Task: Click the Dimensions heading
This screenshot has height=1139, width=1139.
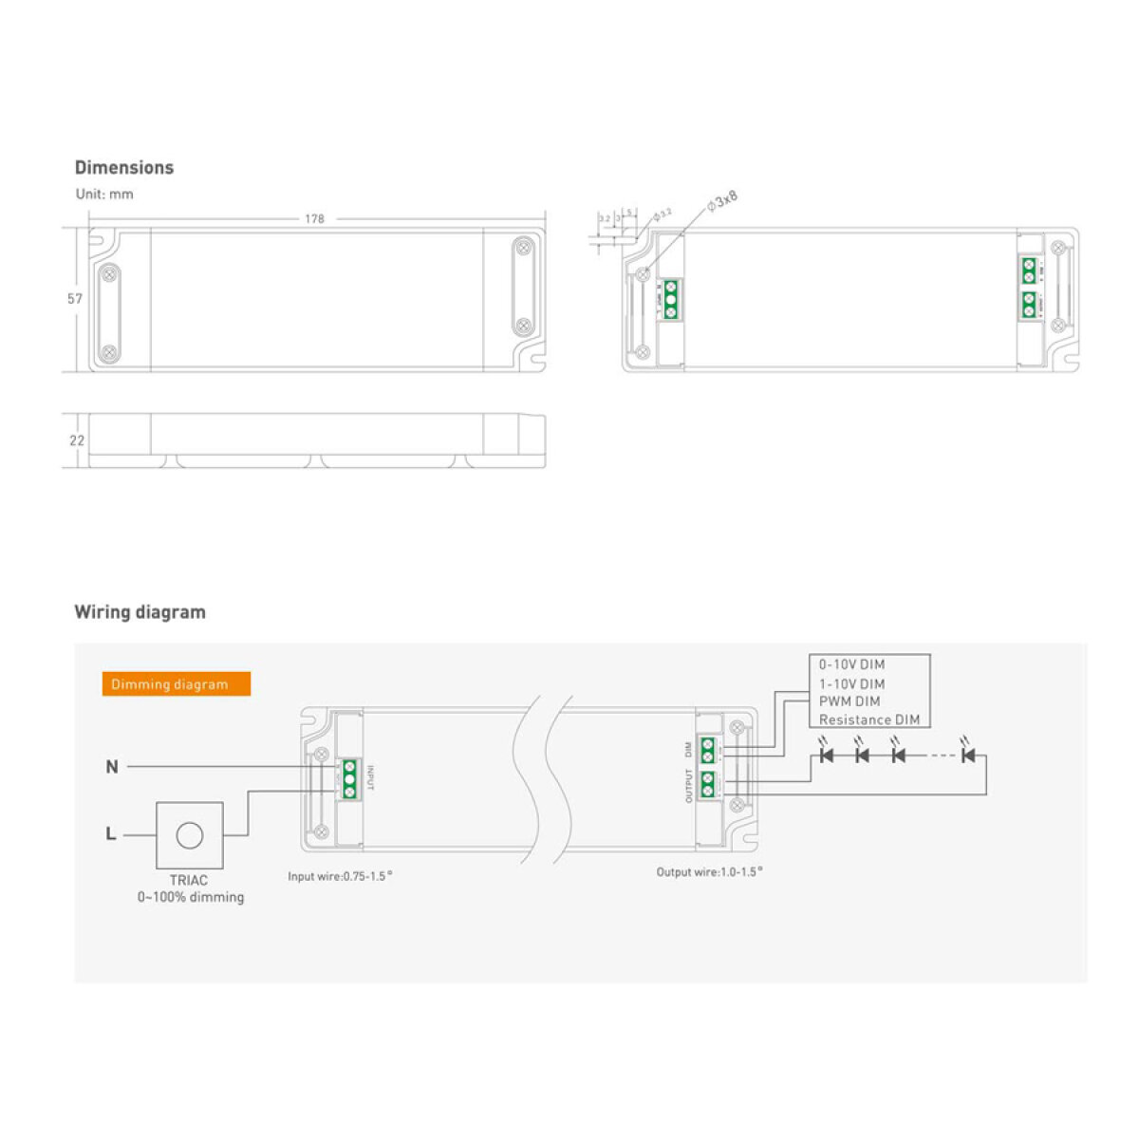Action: pyautogui.click(x=124, y=168)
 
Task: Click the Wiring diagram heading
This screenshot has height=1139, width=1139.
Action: pyautogui.click(x=140, y=612)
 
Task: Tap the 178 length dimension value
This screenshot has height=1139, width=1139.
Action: pyautogui.click(x=314, y=219)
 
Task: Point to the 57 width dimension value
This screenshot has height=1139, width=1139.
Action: pyautogui.click(x=75, y=299)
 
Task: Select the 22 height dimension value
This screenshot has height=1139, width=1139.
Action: pyautogui.click(x=77, y=440)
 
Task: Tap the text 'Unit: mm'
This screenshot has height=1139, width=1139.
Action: pyautogui.click(x=104, y=195)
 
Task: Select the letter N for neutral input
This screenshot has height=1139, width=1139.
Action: pyautogui.click(x=112, y=767)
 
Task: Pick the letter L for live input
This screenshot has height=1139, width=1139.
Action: pyautogui.click(x=111, y=834)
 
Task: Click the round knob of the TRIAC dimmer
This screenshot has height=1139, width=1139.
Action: pyautogui.click(x=190, y=835)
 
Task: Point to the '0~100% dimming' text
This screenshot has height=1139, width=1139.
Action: pyautogui.click(x=190, y=897)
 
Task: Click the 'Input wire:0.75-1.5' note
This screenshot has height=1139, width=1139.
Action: pyautogui.click(x=339, y=876)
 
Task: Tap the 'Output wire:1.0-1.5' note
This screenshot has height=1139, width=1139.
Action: pyautogui.click(x=708, y=871)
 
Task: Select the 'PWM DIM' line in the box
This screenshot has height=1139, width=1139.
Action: pyautogui.click(x=850, y=701)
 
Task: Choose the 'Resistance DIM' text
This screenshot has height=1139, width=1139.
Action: pyautogui.click(x=868, y=719)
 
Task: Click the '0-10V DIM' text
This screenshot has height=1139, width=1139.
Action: pyautogui.click(x=851, y=665)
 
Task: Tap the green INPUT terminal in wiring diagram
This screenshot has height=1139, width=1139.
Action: pyautogui.click(x=349, y=778)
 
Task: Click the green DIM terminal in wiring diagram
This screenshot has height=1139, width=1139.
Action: pyautogui.click(x=707, y=750)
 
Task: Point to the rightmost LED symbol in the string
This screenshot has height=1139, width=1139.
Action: pyautogui.click(x=968, y=756)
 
